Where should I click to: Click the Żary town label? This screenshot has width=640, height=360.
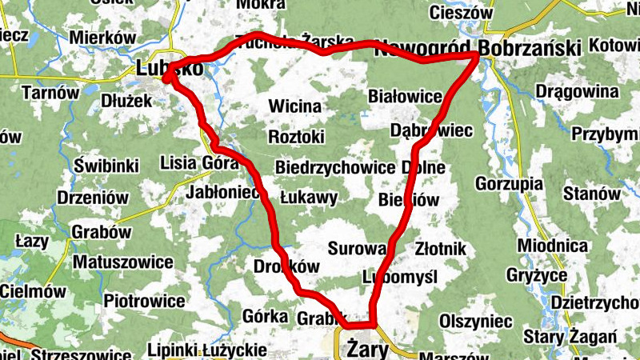pyautogui.click(x=369, y=350)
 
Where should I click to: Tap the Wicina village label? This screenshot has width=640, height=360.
pyautogui.click(x=294, y=106)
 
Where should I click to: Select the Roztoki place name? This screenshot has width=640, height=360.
pyautogui.click(x=296, y=137)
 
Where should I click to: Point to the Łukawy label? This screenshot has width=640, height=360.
pyautogui.click(x=309, y=197)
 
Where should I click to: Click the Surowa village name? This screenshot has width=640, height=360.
pyautogui.click(x=357, y=248)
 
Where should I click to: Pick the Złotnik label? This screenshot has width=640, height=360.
pyautogui.click(x=440, y=249)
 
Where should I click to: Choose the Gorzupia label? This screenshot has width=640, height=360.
pyautogui.click(x=509, y=182)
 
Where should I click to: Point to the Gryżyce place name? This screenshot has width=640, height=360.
pyautogui.click(x=537, y=275)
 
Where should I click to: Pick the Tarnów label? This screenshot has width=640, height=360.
pyautogui.click(x=50, y=92)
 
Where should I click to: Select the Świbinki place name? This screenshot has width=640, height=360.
pyautogui.click(x=106, y=166)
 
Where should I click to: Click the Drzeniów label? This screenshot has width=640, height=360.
pyautogui.click(x=93, y=197)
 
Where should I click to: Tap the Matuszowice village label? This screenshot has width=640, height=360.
pyautogui.click(x=122, y=262)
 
